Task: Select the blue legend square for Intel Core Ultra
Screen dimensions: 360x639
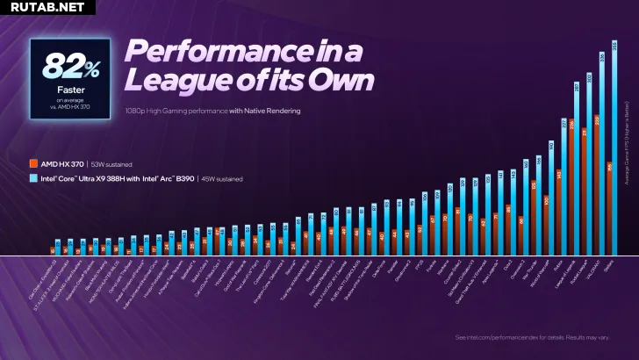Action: pyautogui.click(x=32, y=178)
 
